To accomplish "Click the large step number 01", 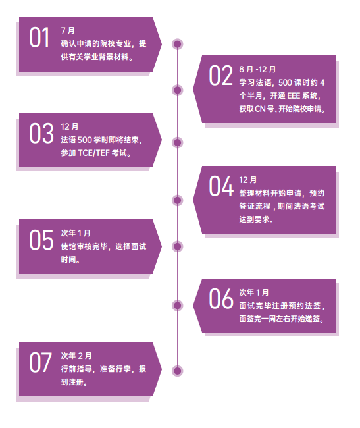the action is pos(39,38).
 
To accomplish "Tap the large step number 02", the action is pos(221,75).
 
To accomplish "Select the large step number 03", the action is pos(41,133).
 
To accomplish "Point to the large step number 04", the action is pos(221,186).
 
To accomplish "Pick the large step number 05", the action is pos(41,240).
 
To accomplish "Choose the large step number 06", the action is pos(221,299).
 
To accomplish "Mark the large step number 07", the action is pos(40,362).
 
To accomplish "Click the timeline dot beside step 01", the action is pos(177,44).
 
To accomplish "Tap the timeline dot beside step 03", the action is pos(177,142).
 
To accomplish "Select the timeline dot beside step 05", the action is pos(177,246).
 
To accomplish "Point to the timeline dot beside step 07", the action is pos(177,371).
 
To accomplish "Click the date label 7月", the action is pos(68,30).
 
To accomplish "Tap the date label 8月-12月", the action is pos(257,69).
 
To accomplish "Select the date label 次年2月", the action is pos(76,356).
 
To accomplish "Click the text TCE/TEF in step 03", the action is pos(94,153).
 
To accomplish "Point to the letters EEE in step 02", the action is pos(294,96).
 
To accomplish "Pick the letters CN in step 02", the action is pos(260,109).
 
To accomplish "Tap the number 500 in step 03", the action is pos(84,140).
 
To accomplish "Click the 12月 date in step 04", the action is pos(248,180).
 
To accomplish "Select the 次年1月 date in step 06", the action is pos(254,292).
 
